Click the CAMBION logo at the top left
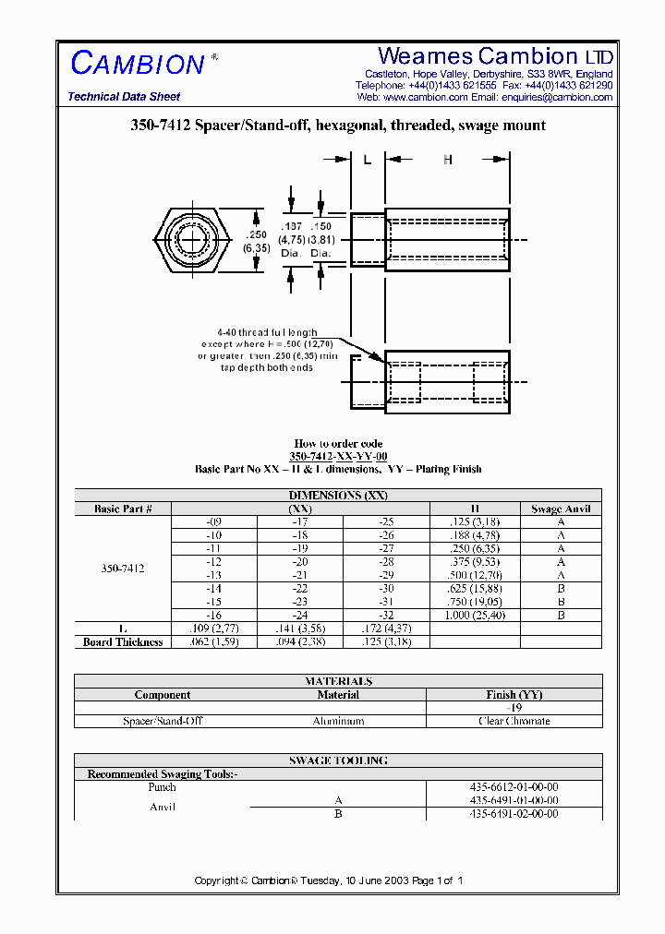pyautogui.click(x=139, y=64)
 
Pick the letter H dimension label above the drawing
pyautogui.click(x=448, y=160)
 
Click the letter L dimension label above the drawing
pyautogui.click(x=367, y=160)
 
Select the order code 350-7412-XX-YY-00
pyautogui.click(x=338, y=457)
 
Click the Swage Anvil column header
pyautogui.click(x=561, y=509)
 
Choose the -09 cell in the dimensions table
pyautogui.click(x=214, y=521)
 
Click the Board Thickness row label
pyautogui.click(x=123, y=641)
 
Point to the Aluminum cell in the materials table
pyautogui.click(x=338, y=721)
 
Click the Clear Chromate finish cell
pyautogui.click(x=514, y=721)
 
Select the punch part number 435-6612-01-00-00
pyautogui.click(x=514, y=787)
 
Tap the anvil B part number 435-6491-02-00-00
pyautogui.click(x=514, y=814)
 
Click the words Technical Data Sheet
pyautogui.click(x=124, y=97)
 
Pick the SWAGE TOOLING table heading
pyautogui.click(x=338, y=760)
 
